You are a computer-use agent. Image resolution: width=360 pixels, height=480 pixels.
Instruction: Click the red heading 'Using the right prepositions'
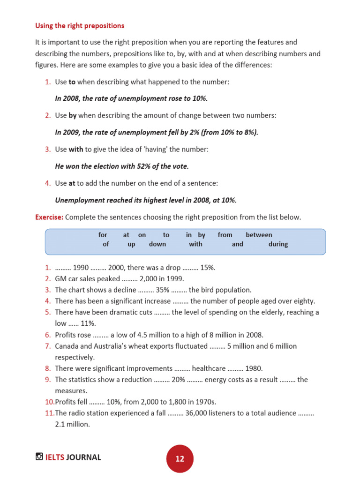tap(80, 25)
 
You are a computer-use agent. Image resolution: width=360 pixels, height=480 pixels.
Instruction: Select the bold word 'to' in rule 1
tap(72, 82)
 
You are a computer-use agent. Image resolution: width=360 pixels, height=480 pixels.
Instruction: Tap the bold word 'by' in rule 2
tap(73, 115)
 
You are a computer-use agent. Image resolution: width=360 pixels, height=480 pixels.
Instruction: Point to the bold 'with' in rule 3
tap(75, 149)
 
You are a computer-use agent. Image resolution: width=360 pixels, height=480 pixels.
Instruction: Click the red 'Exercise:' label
tap(49, 217)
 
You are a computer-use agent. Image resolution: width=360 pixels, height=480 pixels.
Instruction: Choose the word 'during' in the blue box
tap(278, 244)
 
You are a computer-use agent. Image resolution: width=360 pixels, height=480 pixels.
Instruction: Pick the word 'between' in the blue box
tap(259, 235)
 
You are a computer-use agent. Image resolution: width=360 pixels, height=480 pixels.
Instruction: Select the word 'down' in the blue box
tap(157, 244)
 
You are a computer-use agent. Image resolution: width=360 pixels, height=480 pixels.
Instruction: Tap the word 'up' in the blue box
tap(131, 244)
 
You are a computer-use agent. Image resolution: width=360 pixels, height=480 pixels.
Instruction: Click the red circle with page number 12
tap(180, 458)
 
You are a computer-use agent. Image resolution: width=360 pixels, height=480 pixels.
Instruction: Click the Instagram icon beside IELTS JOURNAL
tap(39, 457)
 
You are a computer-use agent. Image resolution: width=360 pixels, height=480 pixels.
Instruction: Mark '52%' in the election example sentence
tap(134, 166)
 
